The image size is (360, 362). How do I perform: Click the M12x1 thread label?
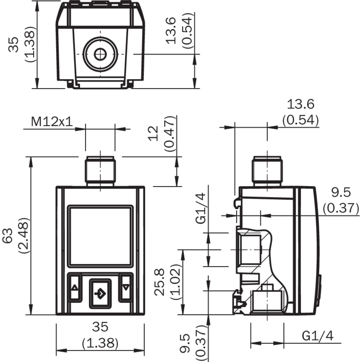pyautogui.click(x=52, y=122)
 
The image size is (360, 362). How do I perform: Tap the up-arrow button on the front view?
pyautogui.click(x=75, y=287)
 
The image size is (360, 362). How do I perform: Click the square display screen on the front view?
pyautogui.click(x=100, y=236)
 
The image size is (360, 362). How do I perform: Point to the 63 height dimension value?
pyautogui.click(x=8, y=235)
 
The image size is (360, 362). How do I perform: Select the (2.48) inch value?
pyautogui.click(x=22, y=235)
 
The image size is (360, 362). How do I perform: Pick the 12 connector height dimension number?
pyautogui.click(x=154, y=133)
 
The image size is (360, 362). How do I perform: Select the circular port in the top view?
pyautogui.click(x=100, y=54)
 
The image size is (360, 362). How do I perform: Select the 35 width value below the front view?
pyautogui.click(x=100, y=327)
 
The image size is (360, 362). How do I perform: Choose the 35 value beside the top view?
pyautogui.click(x=15, y=44)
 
